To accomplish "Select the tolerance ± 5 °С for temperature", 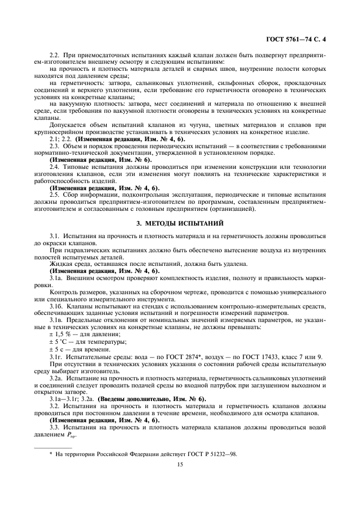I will [x=60, y=341].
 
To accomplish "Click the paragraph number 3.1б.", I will [x=55, y=306].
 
